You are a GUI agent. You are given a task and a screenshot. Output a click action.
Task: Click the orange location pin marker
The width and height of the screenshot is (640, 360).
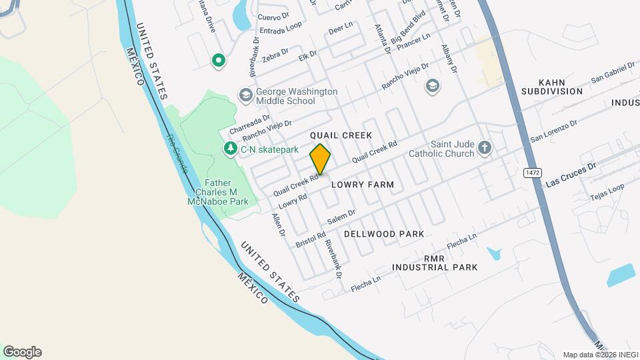pyautogui.click(x=321, y=159)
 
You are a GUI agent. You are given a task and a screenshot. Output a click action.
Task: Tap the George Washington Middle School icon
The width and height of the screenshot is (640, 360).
pyautogui.click(x=245, y=95)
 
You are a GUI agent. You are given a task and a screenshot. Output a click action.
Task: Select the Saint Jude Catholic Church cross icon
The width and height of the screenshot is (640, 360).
pyautogui.click(x=485, y=148)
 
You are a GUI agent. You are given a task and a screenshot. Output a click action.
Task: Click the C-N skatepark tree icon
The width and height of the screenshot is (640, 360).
pyautogui.click(x=231, y=149)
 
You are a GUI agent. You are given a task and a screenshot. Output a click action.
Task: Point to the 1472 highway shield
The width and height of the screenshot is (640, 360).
pyautogui.click(x=531, y=173)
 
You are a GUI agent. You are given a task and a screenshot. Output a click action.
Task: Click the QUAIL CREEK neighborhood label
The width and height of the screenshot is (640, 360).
pyautogui.click(x=341, y=135)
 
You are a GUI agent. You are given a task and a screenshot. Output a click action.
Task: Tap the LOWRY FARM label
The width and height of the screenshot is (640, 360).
pyautogui.click(x=363, y=184)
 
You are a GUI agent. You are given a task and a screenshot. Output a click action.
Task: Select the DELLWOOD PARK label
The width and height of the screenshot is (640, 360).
pyautogui.click(x=384, y=234)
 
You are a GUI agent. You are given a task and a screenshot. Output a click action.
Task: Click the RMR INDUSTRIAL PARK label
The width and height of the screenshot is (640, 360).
pyautogui.click(x=435, y=262)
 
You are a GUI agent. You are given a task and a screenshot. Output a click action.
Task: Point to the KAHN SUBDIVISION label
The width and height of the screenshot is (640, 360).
pyautogui.click(x=552, y=86)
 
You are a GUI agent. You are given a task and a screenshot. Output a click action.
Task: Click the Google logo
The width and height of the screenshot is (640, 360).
pyautogui.click(x=22, y=351)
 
